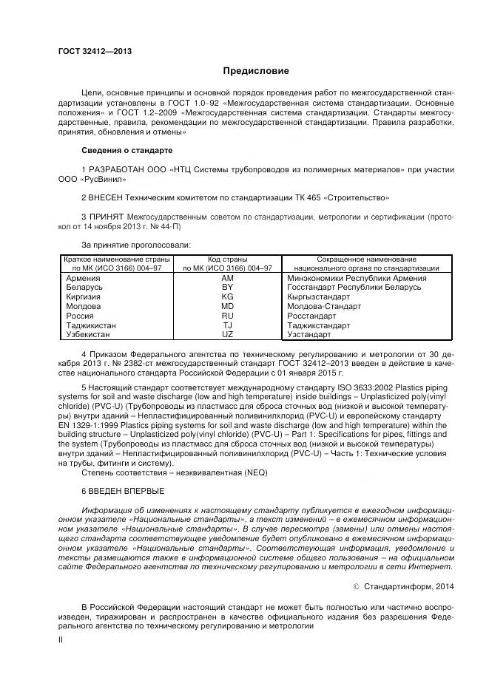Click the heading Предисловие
tap(256, 71)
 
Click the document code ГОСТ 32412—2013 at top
tap(95, 51)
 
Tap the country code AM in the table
tap(227, 277)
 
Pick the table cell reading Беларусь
tap(84, 287)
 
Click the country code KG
tap(227, 296)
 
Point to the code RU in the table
tap(227, 316)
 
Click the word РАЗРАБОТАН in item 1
tap(118, 170)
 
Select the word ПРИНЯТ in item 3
tap(109, 217)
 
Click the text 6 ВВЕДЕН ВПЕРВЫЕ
tap(124, 491)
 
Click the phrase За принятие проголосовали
tap(136, 245)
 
